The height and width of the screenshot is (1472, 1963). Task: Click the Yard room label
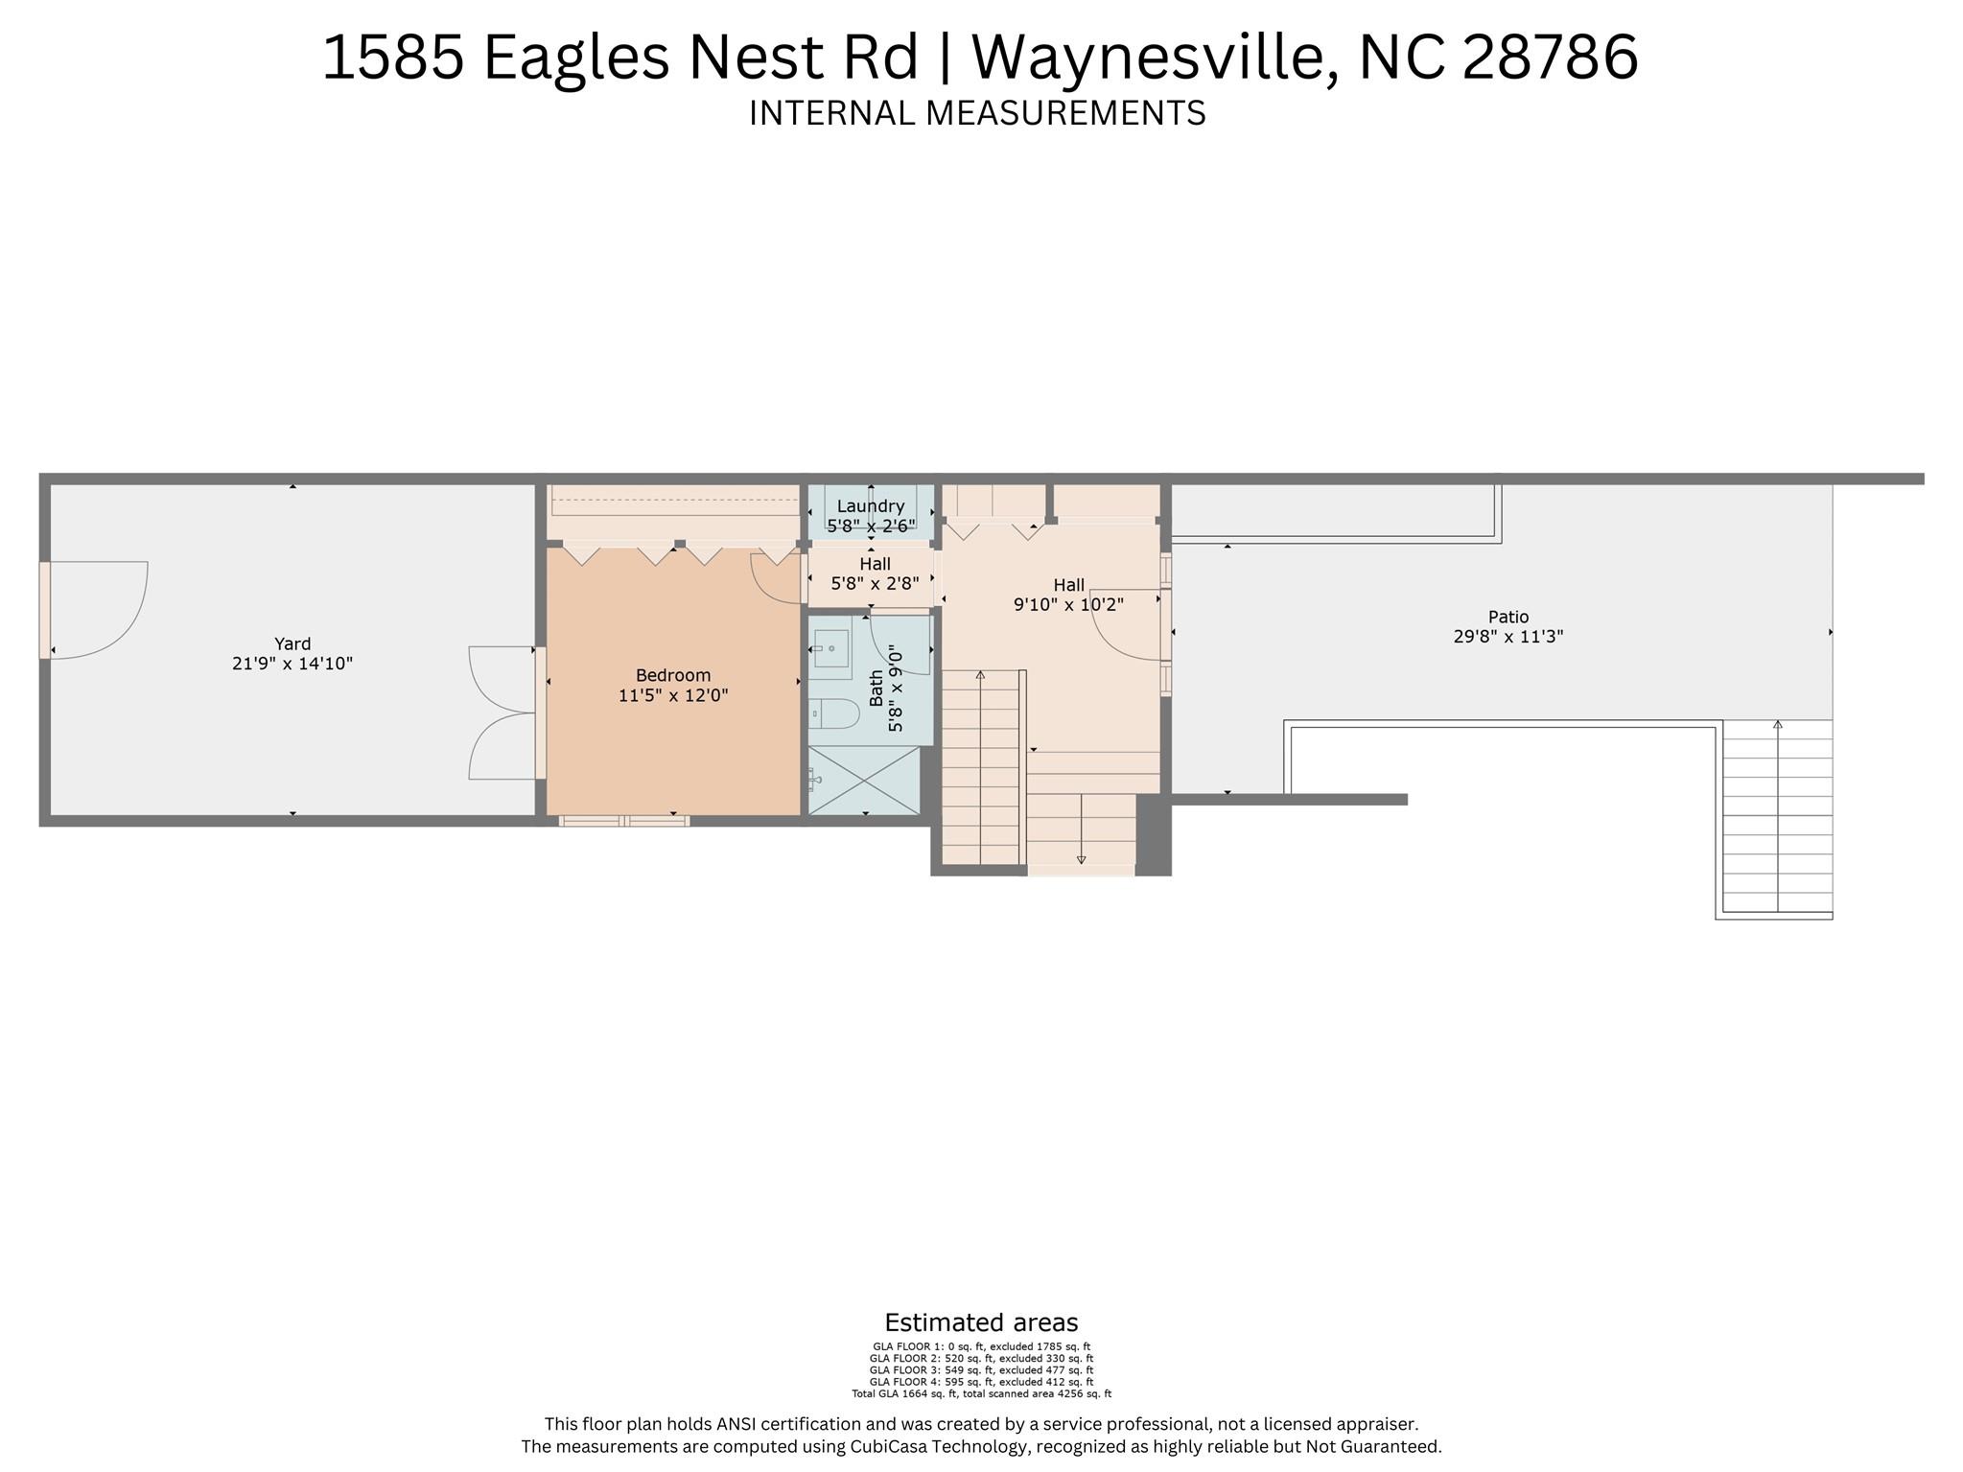click(x=292, y=643)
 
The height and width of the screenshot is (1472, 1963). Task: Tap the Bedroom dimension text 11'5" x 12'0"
click(x=673, y=695)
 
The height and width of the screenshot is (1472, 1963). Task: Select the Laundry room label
click(x=871, y=506)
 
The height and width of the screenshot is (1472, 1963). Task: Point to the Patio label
click(x=1508, y=617)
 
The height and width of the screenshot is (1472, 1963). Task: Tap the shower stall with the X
click(x=864, y=781)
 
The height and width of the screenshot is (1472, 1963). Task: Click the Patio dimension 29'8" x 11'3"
click(x=1508, y=636)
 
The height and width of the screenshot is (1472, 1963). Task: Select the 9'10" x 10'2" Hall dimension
click(x=1068, y=604)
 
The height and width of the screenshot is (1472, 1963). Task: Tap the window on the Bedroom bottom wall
click(x=623, y=821)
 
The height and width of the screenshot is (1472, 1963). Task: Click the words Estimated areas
click(x=981, y=1323)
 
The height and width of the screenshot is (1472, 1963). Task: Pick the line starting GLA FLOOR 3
click(x=981, y=1370)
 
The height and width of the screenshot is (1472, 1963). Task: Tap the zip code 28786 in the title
click(x=1550, y=57)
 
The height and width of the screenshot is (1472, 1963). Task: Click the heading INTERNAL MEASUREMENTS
click(x=977, y=113)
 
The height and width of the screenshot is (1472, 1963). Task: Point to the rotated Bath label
click(x=876, y=689)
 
